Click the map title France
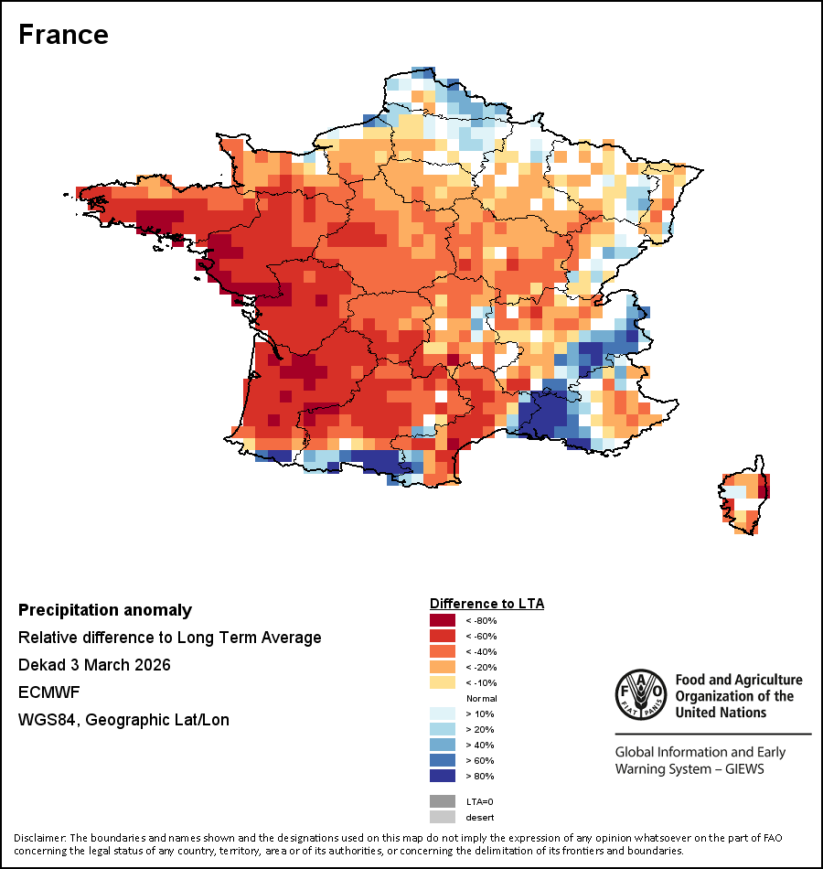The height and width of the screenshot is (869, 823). (x=63, y=35)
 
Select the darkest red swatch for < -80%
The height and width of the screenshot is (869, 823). (x=442, y=620)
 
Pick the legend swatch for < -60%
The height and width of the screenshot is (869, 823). (x=442, y=636)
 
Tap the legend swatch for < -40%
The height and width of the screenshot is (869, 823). (x=442, y=651)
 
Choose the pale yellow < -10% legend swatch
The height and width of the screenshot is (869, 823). (x=442, y=682)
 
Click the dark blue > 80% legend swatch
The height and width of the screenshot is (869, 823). (x=442, y=776)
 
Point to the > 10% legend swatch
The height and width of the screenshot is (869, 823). (x=442, y=713)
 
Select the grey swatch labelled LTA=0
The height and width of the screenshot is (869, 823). (x=442, y=801)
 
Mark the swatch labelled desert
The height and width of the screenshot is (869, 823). (x=442, y=817)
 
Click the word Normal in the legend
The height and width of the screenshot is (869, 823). (x=481, y=698)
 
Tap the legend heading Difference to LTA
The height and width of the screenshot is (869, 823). (x=486, y=604)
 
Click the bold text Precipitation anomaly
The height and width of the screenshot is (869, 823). (x=105, y=610)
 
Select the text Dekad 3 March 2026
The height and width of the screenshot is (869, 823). (x=94, y=664)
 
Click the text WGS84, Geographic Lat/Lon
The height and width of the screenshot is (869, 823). (x=123, y=719)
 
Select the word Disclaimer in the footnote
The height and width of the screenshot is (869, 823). (x=40, y=838)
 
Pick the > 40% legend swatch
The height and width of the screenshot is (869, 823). (x=442, y=745)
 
